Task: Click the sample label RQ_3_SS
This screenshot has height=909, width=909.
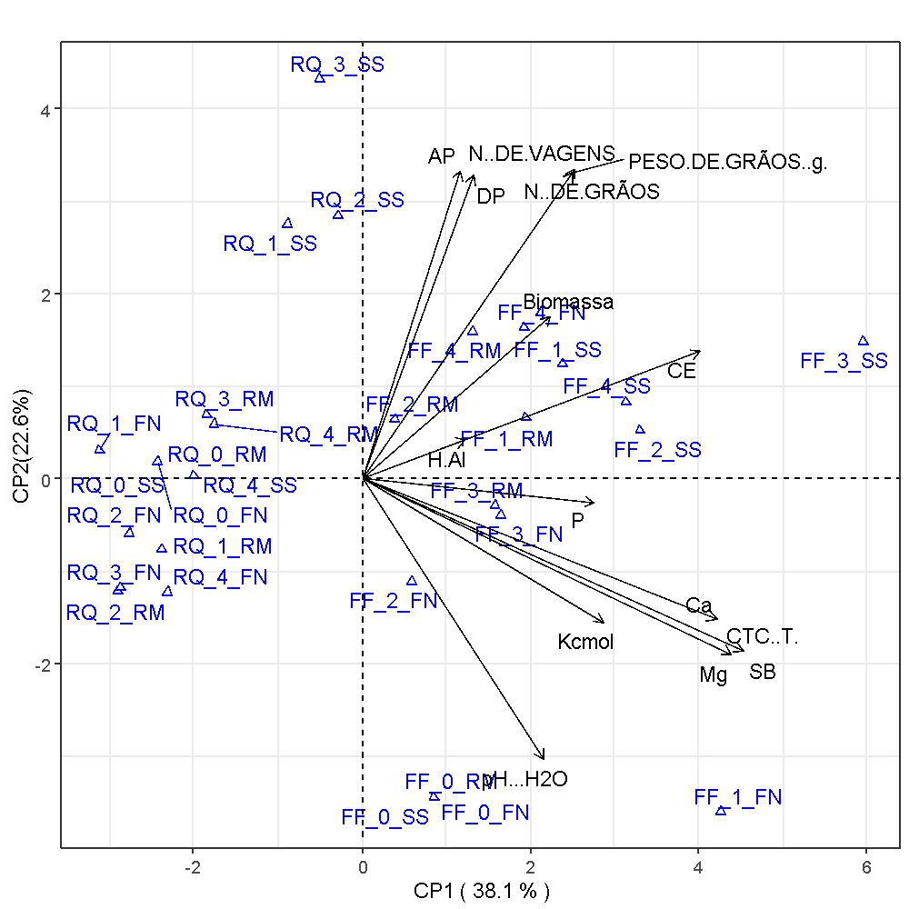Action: [x=337, y=65]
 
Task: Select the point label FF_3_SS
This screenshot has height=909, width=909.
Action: [x=844, y=361]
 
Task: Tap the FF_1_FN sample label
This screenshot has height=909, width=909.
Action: [x=737, y=798]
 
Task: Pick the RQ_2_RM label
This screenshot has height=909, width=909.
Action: [x=115, y=613]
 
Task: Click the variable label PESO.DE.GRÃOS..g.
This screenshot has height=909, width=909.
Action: [x=728, y=163]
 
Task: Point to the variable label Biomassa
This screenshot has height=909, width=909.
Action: [x=568, y=302]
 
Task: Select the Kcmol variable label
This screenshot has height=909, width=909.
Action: [x=585, y=643]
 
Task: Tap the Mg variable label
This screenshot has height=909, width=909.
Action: [x=714, y=675]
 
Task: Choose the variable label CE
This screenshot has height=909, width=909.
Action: [x=681, y=371]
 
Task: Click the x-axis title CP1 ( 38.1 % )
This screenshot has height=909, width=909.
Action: [x=482, y=890]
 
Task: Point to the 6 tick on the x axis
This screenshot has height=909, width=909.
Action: [x=866, y=868]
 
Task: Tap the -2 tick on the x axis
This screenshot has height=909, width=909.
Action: [x=192, y=868]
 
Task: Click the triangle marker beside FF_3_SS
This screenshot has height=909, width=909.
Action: [x=864, y=341]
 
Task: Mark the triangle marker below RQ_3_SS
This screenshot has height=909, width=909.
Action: [x=319, y=78]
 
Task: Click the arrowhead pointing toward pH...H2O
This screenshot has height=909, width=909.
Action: [x=543, y=756]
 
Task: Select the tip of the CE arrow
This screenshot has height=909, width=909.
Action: [x=699, y=351]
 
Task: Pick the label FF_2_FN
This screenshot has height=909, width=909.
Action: [x=393, y=601]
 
